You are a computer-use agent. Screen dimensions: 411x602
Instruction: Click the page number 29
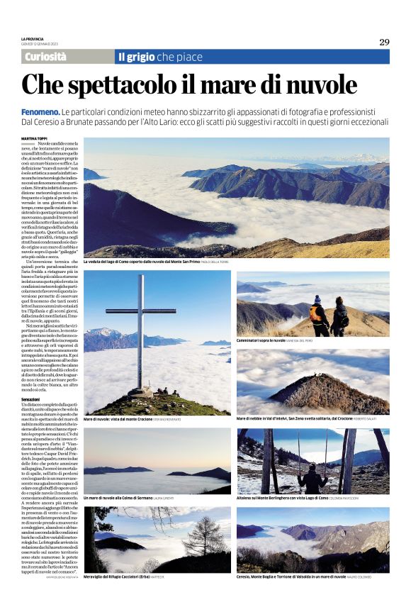[x=384, y=42]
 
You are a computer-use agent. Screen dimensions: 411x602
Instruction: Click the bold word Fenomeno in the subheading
[x=40, y=113]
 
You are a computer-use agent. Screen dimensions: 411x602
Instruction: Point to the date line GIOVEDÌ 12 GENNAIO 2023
[x=40, y=44]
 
